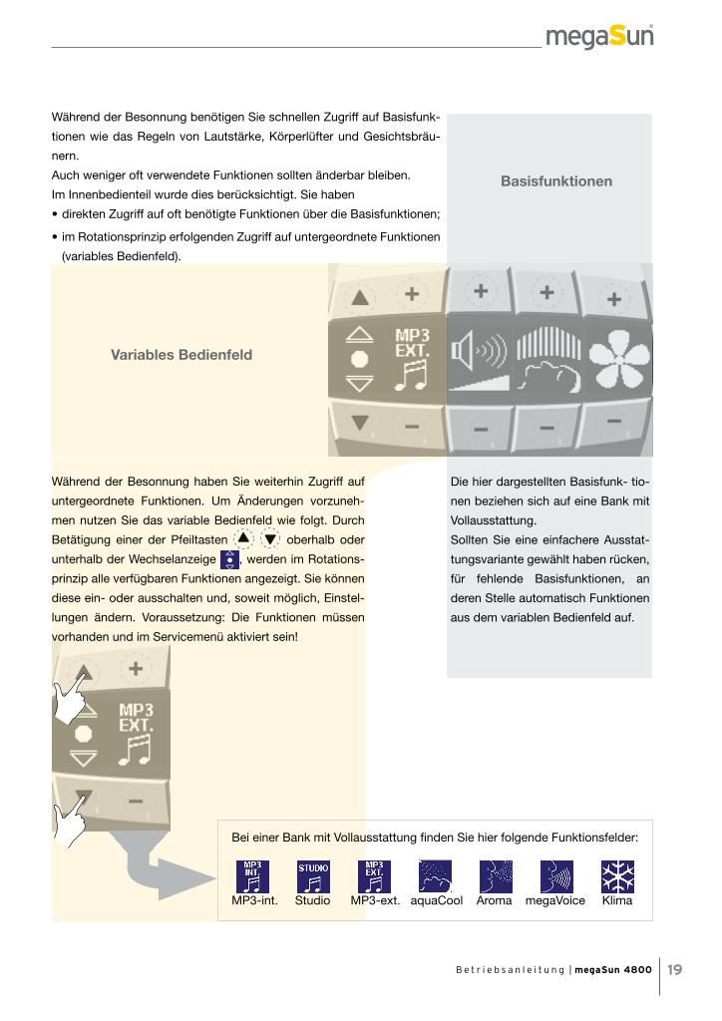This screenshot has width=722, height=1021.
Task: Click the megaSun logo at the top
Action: point(599,37)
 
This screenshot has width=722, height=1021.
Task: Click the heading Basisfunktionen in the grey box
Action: point(555,181)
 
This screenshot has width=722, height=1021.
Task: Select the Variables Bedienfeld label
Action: point(180,355)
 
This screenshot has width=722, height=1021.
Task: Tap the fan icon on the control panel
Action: point(612,358)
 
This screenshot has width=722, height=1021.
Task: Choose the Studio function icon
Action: point(312,876)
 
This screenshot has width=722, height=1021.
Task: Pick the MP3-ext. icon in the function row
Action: point(374,876)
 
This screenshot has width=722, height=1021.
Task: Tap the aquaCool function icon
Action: point(435,876)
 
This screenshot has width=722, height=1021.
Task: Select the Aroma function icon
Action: point(495,876)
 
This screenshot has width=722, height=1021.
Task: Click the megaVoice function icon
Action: point(555,876)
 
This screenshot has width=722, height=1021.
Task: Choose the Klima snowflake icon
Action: point(617,876)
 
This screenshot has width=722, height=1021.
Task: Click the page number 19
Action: point(674,968)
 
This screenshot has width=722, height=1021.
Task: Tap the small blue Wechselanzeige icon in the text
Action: point(228,559)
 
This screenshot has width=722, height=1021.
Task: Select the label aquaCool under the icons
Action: point(437,900)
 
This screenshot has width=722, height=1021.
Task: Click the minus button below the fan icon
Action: point(614,422)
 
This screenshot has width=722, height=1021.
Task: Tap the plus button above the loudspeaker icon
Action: point(481,291)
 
